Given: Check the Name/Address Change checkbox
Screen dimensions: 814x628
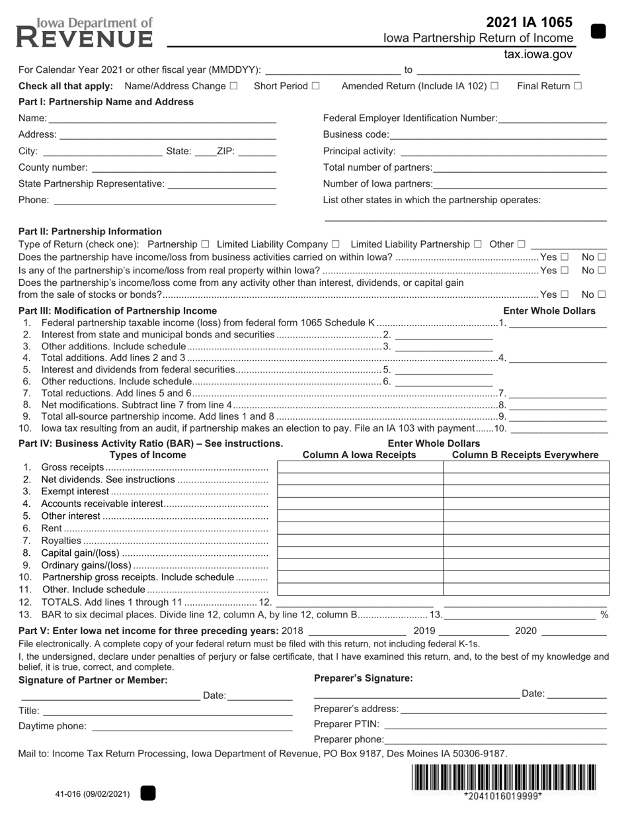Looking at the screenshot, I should point(233,86).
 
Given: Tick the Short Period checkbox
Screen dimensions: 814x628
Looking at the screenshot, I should point(315,86).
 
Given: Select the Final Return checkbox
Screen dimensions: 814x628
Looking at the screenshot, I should point(578,86).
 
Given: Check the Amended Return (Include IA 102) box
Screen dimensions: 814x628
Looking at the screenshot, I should point(494,86).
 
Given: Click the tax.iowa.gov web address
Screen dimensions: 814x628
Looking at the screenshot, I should point(537,55).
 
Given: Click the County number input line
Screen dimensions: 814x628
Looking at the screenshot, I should point(183,168).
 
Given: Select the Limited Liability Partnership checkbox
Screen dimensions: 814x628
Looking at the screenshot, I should point(478,244).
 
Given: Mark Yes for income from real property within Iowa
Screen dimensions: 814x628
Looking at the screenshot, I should point(564,270).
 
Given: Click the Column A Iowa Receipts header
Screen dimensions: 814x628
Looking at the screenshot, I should point(359,455).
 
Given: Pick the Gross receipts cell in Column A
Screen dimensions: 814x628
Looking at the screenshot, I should point(360,468).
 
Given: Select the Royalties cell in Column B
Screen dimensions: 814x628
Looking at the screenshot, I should point(526,541).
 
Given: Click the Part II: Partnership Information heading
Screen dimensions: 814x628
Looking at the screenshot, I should point(90,232).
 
